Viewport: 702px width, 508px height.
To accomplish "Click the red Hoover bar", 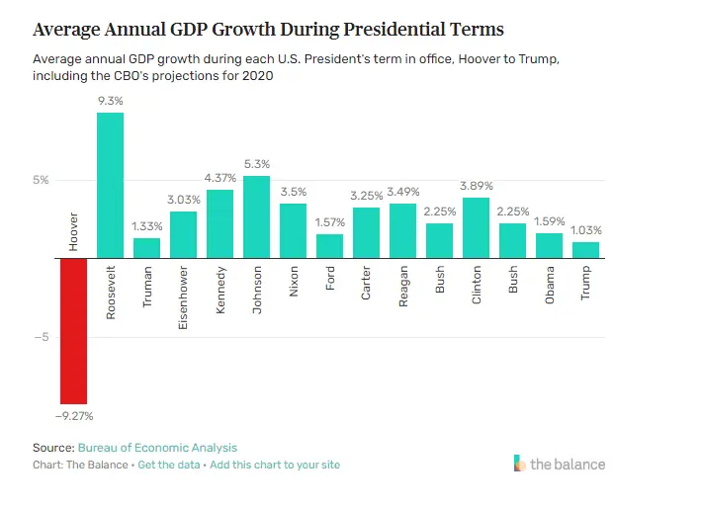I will [x=73, y=330].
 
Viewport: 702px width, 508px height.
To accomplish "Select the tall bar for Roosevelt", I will [x=110, y=185].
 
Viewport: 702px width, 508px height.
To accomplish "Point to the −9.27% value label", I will [x=73, y=416].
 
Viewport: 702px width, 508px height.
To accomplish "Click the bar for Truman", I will [x=146, y=248].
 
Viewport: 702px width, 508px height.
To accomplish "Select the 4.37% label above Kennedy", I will [x=219, y=178].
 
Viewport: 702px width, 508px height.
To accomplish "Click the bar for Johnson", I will [x=256, y=216].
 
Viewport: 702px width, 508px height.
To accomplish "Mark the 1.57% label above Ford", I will [x=330, y=222].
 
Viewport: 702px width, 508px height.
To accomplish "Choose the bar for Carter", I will [x=367, y=232].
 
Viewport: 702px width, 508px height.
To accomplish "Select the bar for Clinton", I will [x=477, y=227].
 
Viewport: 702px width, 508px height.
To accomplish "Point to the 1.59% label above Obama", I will [x=550, y=221].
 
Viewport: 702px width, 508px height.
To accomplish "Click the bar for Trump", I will [x=586, y=250].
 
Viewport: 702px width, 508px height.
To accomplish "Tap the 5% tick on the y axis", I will [x=41, y=180].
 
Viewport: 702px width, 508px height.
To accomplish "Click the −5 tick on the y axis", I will [x=41, y=337].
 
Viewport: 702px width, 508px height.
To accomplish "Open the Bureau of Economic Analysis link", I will [x=157, y=448].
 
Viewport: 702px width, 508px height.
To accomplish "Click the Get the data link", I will [x=168, y=465].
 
